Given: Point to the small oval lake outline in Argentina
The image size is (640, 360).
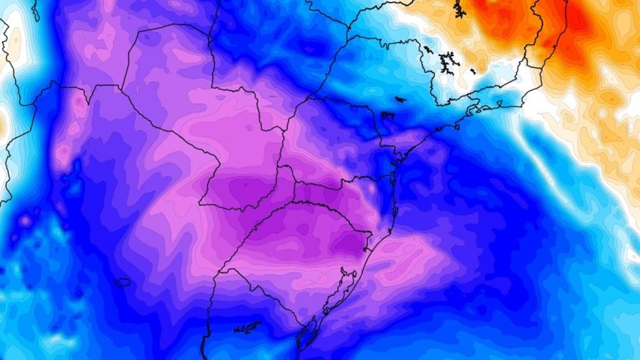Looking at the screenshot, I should pyautogui.click(x=122, y=282).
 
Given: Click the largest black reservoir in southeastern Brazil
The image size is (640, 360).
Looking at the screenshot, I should pyautogui.click(x=447, y=61).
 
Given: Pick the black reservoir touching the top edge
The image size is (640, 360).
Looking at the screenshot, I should pyautogui.click(x=459, y=9).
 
